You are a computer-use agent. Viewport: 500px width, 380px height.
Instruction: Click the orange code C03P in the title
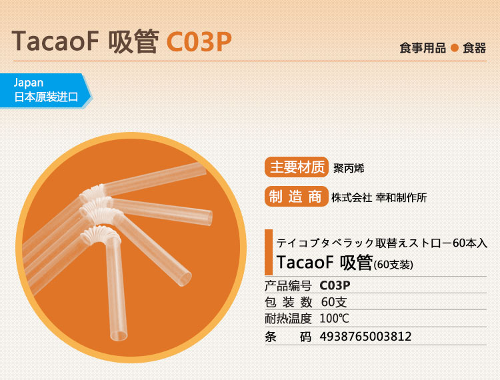click(199, 42)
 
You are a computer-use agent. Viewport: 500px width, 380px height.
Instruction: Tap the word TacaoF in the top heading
click(55, 41)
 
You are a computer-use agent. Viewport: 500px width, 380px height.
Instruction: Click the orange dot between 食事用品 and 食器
click(455, 48)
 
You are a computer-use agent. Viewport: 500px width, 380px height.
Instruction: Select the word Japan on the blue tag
click(29, 83)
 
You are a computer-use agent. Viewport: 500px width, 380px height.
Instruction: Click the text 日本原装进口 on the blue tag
click(46, 97)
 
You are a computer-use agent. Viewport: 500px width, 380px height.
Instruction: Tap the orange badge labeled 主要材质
click(297, 167)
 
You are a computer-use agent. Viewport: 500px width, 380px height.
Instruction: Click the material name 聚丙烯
click(349, 168)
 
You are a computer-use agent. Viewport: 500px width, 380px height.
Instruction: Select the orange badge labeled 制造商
click(297, 197)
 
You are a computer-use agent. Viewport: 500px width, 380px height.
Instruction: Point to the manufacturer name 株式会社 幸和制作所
click(379, 197)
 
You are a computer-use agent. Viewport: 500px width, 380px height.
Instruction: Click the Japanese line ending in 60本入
click(382, 243)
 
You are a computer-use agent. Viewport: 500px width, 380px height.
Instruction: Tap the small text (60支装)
click(393, 265)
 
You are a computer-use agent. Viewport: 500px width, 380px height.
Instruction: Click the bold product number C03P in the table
click(335, 285)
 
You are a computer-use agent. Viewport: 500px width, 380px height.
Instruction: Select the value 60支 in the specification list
click(334, 302)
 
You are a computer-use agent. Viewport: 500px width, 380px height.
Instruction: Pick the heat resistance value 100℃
click(334, 319)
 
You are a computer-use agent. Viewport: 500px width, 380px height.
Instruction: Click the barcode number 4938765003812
click(365, 336)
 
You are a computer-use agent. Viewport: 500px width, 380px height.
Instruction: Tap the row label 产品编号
click(288, 285)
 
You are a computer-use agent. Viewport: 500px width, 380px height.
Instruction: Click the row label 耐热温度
click(288, 319)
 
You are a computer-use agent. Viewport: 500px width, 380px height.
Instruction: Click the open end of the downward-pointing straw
click(118, 336)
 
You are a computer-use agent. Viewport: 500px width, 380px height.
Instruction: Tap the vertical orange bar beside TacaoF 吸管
click(269, 252)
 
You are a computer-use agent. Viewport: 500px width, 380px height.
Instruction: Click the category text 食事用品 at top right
click(423, 48)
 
